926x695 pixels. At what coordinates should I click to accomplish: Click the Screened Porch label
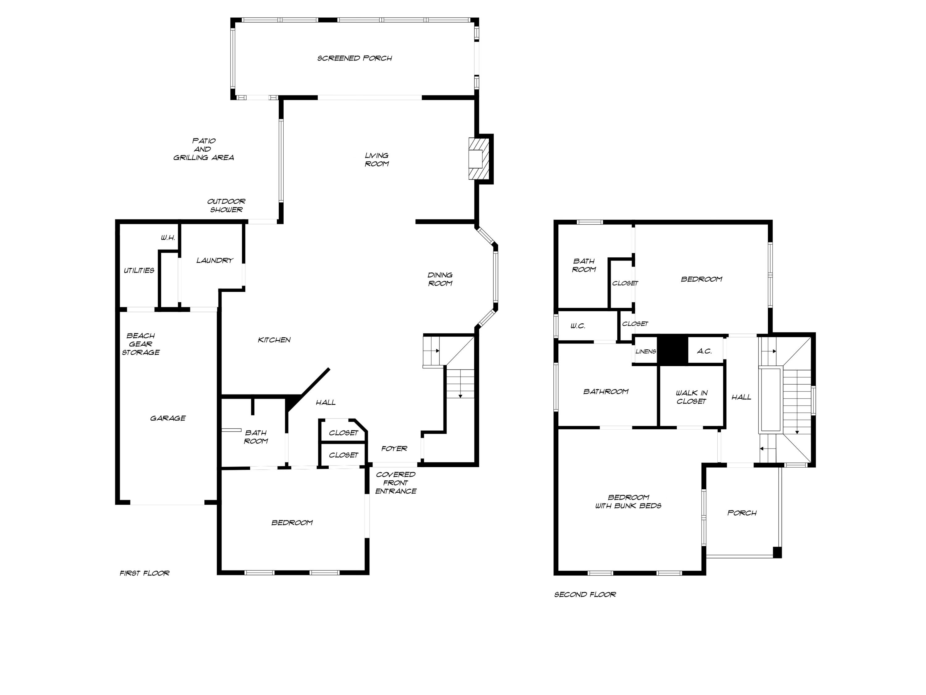355,58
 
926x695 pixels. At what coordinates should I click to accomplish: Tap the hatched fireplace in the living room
478,159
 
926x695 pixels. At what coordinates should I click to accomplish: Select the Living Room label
377,160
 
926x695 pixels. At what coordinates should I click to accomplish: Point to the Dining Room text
440,279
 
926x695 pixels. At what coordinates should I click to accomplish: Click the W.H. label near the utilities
168,238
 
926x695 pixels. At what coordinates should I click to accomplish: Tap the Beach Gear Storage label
141,344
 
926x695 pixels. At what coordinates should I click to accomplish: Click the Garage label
168,418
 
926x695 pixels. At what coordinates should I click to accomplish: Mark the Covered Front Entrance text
396,482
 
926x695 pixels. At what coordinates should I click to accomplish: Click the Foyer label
394,449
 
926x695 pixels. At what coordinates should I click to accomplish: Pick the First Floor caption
144,573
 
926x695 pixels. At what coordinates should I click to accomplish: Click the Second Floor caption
585,595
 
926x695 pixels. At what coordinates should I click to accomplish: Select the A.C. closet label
705,351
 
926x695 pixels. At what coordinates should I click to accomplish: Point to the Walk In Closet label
692,397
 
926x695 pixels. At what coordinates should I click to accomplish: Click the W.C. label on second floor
578,326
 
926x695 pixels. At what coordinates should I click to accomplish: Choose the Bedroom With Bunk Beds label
628,501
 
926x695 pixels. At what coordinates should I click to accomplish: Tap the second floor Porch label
742,513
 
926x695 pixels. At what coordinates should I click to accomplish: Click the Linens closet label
645,352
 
